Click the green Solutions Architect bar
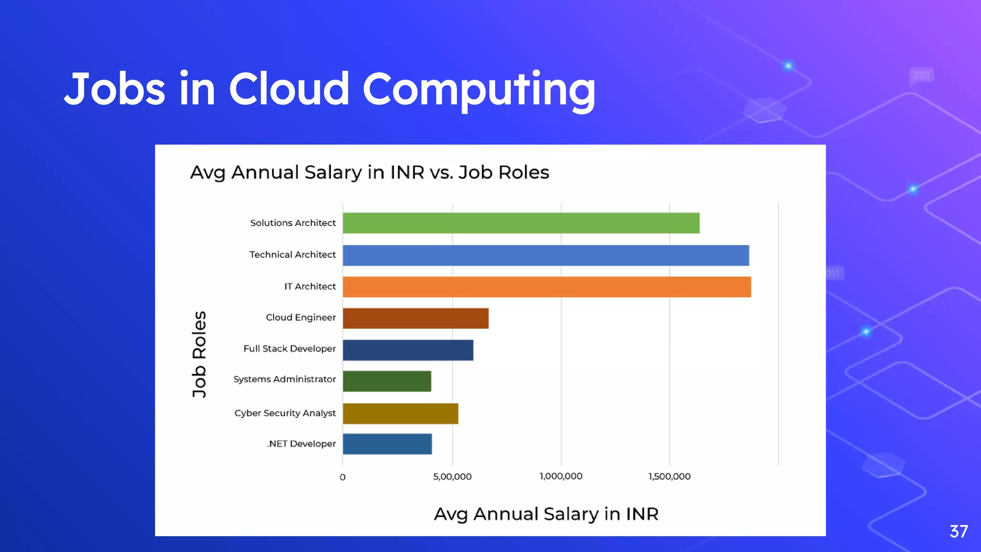tap(521, 223)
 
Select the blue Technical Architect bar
tap(546, 255)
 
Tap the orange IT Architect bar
tap(547, 287)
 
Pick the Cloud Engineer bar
tap(415, 318)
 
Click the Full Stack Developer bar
tap(408, 350)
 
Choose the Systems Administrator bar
tap(387, 381)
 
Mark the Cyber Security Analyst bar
tap(400, 413)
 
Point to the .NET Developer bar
tap(387, 444)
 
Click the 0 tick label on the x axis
tap(342, 477)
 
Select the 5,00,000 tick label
tap(452, 477)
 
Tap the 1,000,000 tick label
tap(561, 476)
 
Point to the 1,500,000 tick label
tap(669, 476)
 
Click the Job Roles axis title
tap(199, 354)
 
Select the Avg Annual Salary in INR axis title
tap(546, 514)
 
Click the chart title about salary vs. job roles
tap(369, 172)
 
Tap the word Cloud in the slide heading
tap(289, 89)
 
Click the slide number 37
tap(958, 531)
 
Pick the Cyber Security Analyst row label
tap(285, 413)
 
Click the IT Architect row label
tap(310, 287)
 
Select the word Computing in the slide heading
tap(479, 90)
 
